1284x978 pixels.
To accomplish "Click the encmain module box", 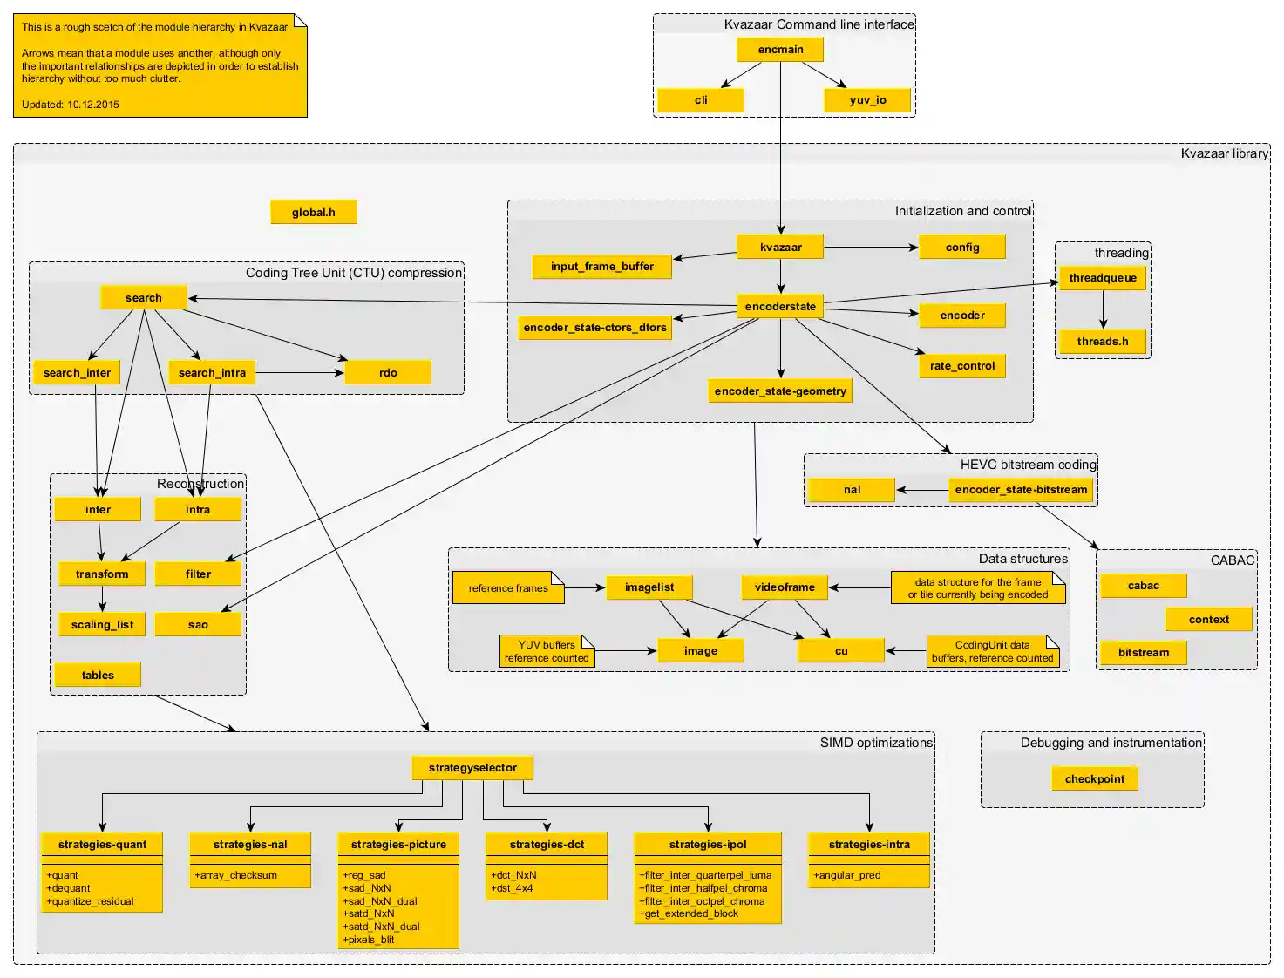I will (780, 50).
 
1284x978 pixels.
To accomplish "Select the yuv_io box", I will (867, 100).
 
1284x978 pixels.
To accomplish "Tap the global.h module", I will (313, 212).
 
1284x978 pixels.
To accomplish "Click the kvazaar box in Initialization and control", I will (780, 248).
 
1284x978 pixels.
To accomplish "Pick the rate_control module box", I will (961, 366).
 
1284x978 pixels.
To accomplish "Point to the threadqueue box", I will (1102, 278).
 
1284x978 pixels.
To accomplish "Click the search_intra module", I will (212, 373).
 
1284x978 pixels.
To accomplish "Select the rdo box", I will (388, 373).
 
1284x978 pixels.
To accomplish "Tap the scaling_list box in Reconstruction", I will (102, 625).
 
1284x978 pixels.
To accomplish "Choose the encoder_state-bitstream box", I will (1021, 490).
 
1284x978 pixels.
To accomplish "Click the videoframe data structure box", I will (785, 587).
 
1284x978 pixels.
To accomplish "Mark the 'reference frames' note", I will (508, 588).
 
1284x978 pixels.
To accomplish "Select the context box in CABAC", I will (1208, 620).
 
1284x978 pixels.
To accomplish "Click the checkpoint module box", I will (1094, 779).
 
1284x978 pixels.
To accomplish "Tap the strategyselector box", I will (472, 768).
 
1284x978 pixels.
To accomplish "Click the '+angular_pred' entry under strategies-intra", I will (847, 875).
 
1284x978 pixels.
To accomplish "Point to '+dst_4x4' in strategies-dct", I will (513, 888).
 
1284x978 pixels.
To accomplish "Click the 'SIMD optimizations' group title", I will (875, 743).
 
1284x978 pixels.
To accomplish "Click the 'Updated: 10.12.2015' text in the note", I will (71, 105).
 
